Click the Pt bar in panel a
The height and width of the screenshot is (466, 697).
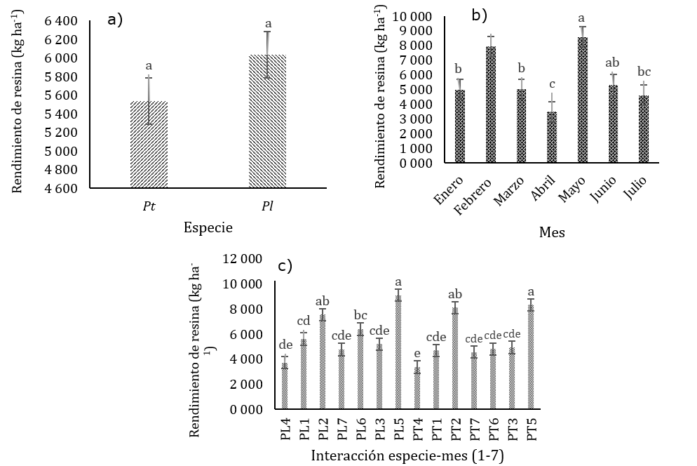click(148, 145)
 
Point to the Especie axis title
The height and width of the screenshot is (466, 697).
click(208, 227)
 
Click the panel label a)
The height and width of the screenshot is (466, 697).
click(115, 20)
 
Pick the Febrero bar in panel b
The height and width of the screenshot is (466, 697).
click(490, 105)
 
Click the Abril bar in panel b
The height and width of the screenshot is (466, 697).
click(553, 137)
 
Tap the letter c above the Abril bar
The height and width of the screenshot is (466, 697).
click(553, 84)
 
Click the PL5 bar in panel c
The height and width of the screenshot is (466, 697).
click(398, 352)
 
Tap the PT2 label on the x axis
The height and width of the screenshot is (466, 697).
click(456, 426)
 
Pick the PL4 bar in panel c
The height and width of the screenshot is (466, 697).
click(285, 385)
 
